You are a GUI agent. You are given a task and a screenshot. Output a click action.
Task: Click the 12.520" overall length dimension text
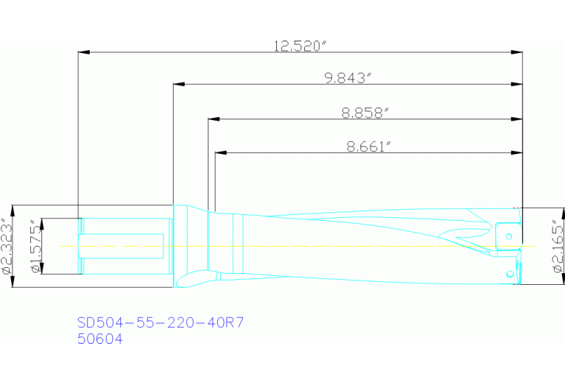click(x=300, y=46)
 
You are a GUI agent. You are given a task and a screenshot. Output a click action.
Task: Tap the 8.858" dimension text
click(x=365, y=113)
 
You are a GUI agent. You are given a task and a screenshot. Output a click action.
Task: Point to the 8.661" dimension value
click(x=368, y=146)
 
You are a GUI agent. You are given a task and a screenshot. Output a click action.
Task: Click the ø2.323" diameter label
click(x=7, y=246)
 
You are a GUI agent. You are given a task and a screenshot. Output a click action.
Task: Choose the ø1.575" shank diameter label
click(x=35, y=246)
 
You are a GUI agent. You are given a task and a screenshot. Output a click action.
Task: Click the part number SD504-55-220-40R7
click(x=160, y=322)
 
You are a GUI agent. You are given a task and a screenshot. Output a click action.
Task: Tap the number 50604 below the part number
click(x=99, y=339)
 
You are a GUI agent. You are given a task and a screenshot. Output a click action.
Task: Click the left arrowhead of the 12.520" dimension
click(x=83, y=52)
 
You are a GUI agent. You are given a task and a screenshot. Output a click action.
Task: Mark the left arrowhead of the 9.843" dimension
click(x=178, y=85)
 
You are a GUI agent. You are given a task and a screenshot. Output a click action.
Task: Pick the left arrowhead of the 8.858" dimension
click(x=214, y=119)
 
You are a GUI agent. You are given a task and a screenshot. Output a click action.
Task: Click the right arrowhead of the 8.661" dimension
click(x=517, y=153)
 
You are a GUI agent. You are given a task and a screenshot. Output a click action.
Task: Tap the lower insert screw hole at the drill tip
click(x=509, y=274)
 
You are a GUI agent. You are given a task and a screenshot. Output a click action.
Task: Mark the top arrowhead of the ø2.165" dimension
click(x=545, y=213)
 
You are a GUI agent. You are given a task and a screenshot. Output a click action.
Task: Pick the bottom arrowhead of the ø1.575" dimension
click(x=42, y=269)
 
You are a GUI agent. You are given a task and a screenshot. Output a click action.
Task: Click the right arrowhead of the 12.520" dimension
click(x=517, y=52)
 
